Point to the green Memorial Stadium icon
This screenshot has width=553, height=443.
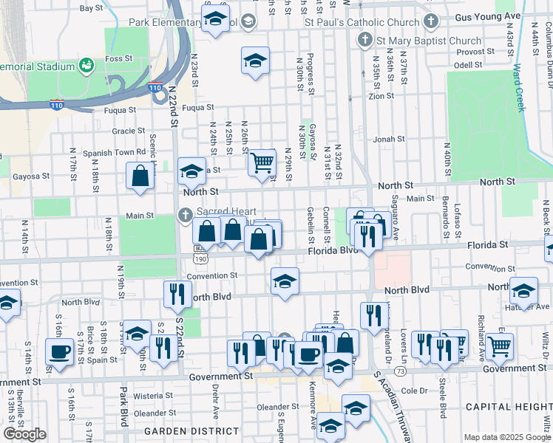[x=87, y=66]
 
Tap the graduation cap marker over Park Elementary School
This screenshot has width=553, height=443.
[x=215, y=18]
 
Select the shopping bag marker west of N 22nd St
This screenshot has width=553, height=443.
[x=140, y=177]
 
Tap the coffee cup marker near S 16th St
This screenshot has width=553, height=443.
[x=59, y=351]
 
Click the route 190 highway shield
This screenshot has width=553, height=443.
[x=201, y=259]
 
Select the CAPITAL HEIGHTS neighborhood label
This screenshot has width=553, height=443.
[x=508, y=407]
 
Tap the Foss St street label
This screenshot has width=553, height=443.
[x=115, y=58]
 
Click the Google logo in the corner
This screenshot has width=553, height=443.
[x=24, y=434]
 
